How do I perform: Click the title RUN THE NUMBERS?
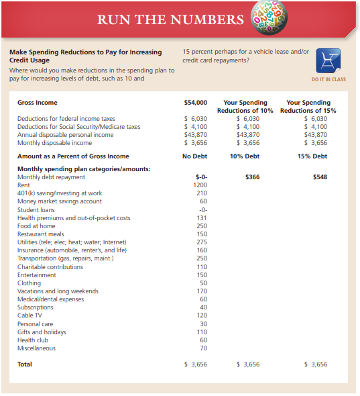click(170, 19)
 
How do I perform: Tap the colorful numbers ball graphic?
click(268, 18)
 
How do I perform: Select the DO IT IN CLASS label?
click(328, 80)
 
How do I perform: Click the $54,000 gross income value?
click(195, 103)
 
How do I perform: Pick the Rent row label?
click(23, 185)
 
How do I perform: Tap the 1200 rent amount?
click(200, 185)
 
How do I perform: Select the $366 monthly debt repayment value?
click(252, 177)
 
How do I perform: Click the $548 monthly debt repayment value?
click(321, 177)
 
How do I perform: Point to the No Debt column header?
click(194, 156)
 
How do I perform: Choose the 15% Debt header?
click(312, 156)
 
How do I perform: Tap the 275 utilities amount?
click(201, 242)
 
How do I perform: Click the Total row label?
click(24, 364)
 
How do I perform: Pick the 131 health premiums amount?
click(201, 217)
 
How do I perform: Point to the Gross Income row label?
click(37, 103)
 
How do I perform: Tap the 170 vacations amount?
click(201, 291)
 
